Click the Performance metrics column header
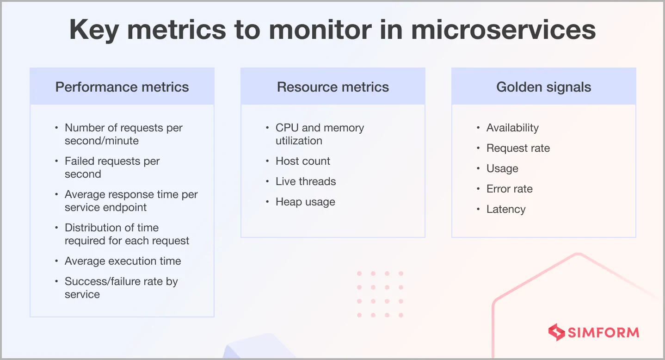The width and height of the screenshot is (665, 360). [x=122, y=87]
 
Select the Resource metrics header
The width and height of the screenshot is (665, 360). [x=332, y=87]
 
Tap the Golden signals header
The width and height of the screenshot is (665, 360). [x=543, y=87]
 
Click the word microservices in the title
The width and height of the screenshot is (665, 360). [x=503, y=30]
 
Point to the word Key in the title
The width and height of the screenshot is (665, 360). [x=93, y=30]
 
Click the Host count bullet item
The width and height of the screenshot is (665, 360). [x=302, y=161]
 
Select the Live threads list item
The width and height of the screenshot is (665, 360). [x=305, y=181]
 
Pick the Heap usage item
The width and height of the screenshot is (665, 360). [x=305, y=202]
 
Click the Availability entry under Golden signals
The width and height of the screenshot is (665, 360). [x=512, y=128]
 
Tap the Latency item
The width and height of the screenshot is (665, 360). [x=506, y=209]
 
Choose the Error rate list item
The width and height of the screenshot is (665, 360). [x=509, y=189]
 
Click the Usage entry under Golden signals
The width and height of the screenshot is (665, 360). [x=502, y=168]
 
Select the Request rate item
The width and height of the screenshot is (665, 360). [x=518, y=148]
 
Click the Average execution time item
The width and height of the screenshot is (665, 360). [x=123, y=261]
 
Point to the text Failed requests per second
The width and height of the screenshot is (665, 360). [x=112, y=168]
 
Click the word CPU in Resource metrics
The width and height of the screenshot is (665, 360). [x=287, y=128]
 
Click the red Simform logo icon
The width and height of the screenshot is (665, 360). [x=556, y=332]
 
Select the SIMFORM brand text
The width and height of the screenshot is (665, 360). [x=603, y=332]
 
